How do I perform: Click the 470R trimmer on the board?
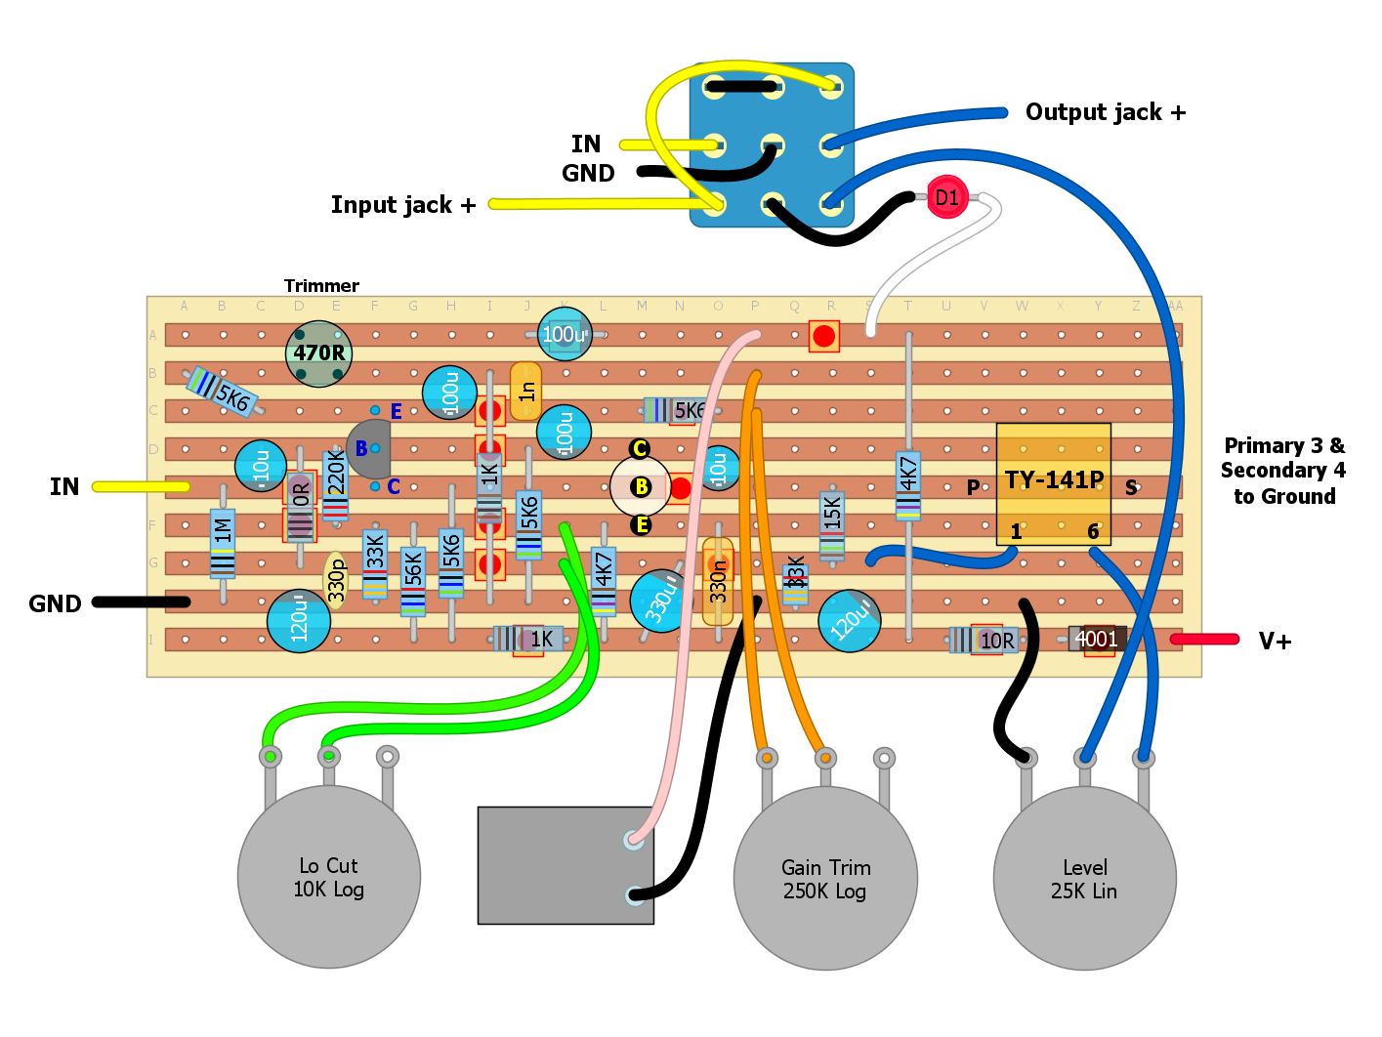click(x=318, y=353)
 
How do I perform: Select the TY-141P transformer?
click(x=1053, y=483)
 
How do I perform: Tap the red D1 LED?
click(x=946, y=197)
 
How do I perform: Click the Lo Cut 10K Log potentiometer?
click(x=329, y=876)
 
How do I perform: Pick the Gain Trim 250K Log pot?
click(x=825, y=878)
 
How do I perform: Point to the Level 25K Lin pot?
click(x=1084, y=878)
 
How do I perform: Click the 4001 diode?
click(x=1096, y=640)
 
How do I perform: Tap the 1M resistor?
click(x=223, y=543)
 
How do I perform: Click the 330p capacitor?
click(x=336, y=580)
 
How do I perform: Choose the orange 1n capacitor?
click(x=525, y=391)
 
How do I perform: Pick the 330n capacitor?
click(x=718, y=582)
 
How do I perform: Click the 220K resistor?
click(x=335, y=483)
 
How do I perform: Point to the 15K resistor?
click(x=832, y=524)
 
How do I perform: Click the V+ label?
click(x=1275, y=642)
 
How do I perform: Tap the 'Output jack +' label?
click(x=1105, y=112)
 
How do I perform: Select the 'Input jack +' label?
click(x=402, y=205)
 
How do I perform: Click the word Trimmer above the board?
click(x=321, y=286)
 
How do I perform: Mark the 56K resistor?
click(x=413, y=580)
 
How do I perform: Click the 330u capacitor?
click(x=660, y=601)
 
